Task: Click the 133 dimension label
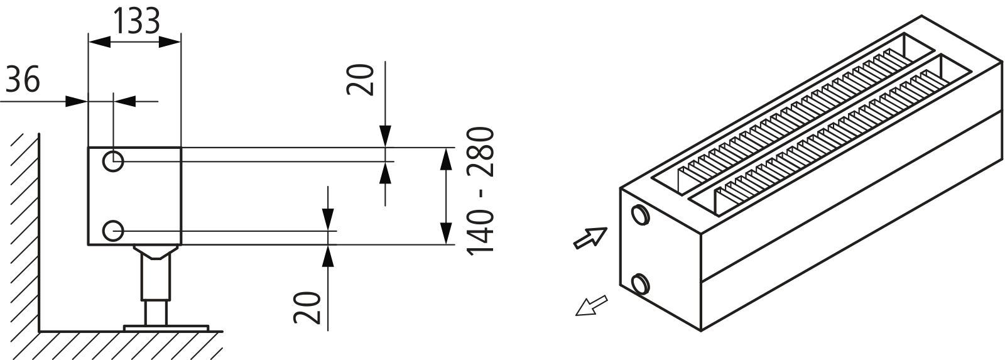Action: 136,21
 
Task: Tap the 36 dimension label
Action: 23,79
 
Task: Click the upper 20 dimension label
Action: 361,80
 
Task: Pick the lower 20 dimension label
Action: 307,308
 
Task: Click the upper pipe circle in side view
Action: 112,161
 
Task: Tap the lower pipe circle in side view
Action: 112,231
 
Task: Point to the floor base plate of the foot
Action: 166,328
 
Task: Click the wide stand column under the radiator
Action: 156,278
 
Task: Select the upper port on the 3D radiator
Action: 640,214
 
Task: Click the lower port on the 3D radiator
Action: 640,284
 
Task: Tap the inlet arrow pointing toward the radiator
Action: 590,237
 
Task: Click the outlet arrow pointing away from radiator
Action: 591,305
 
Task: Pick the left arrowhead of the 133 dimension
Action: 99,42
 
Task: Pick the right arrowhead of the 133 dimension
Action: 170,42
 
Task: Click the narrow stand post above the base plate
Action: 156,313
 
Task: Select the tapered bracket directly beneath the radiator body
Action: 156,251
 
